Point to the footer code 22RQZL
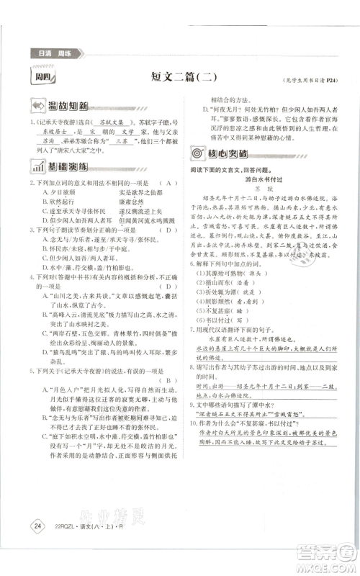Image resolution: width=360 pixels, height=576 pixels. coord(63,548)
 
